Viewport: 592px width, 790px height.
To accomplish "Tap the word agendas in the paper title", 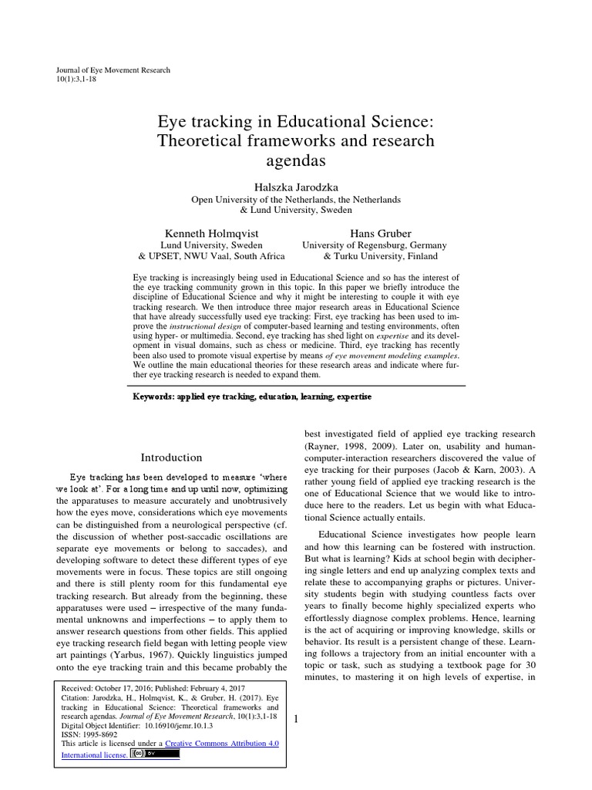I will click(x=296, y=161).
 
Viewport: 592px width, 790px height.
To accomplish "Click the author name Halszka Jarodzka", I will click(x=296, y=187).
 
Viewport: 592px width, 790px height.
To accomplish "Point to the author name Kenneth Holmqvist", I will click(x=211, y=232).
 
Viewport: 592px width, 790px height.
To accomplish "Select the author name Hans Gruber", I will click(x=380, y=232).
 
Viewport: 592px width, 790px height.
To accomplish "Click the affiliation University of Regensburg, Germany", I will click(x=380, y=245).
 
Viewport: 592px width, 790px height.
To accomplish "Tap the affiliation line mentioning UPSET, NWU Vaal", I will click(x=211, y=257).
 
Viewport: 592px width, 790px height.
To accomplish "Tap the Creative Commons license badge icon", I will click(x=156, y=754).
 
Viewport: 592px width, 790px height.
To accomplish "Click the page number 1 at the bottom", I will click(x=295, y=719).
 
